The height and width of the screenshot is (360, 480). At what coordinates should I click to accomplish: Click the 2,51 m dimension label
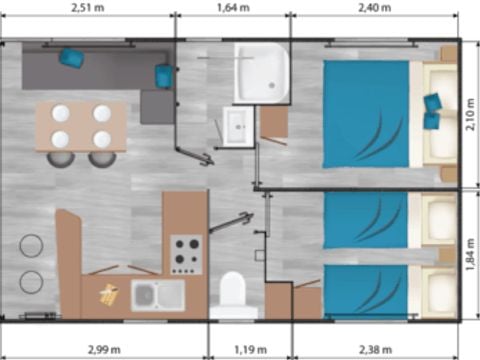pos(87,9)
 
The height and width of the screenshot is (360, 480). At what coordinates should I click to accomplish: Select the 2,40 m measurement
pos(376,9)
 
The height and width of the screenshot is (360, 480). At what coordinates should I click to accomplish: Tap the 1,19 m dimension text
pos(251,349)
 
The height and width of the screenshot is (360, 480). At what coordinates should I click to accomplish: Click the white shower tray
pos(261,72)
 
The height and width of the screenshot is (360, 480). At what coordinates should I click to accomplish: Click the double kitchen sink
pos(158,295)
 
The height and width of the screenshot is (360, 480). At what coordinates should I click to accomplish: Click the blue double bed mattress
pos(366,113)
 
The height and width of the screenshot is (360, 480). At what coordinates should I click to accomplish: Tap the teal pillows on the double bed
pos(432,110)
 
